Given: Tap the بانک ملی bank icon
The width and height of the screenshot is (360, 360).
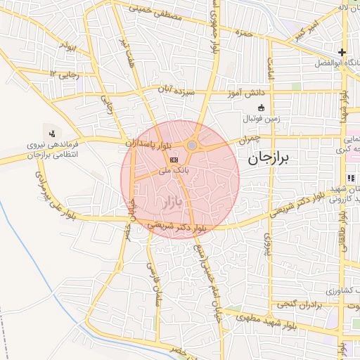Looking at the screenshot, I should click(173, 161).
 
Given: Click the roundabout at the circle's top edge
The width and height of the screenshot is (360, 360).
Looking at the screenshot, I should click(192, 145).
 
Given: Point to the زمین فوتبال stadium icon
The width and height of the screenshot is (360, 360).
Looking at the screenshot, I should click(262, 108).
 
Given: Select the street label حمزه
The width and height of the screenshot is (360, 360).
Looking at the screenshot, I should click(244, 32).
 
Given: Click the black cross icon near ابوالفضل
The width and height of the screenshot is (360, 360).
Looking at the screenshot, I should click(342, 52).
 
